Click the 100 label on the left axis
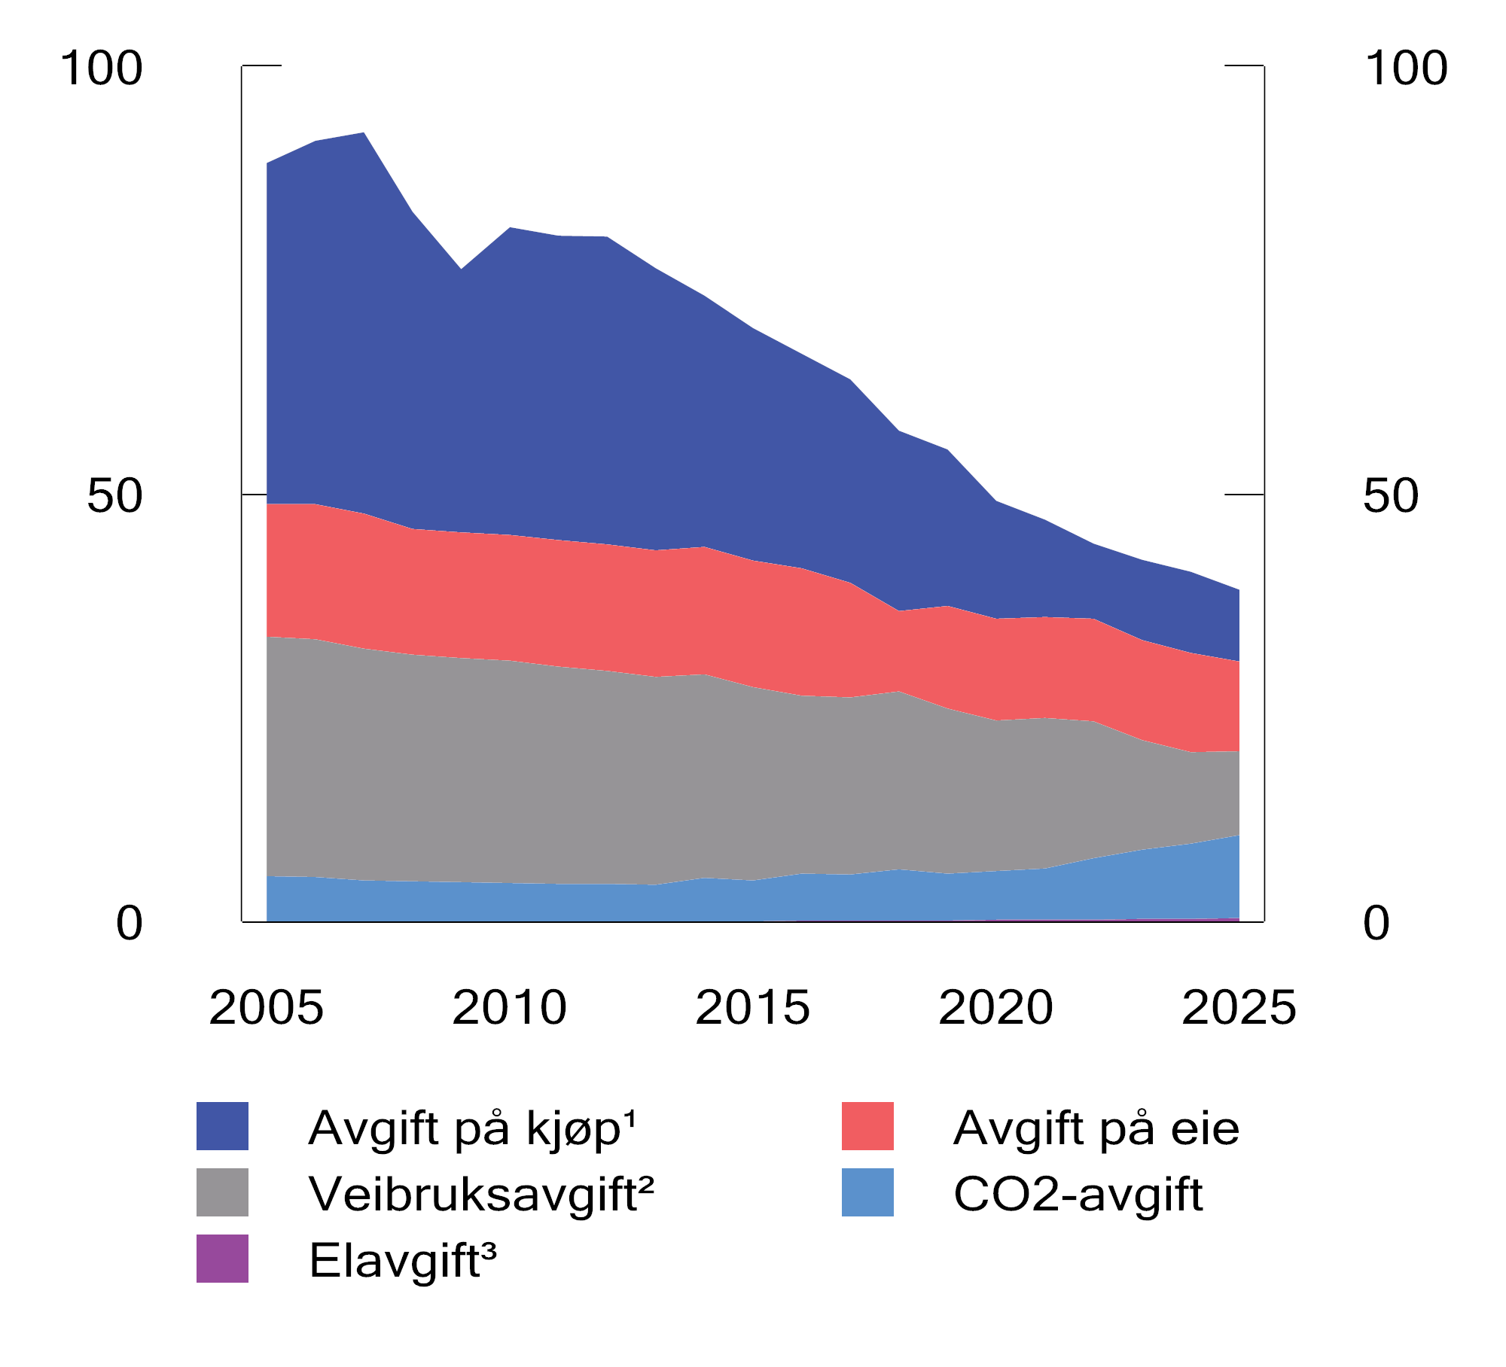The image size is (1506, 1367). coord(102,69)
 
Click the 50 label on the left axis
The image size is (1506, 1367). coord(114,496)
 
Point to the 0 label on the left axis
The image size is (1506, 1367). coord(129,924)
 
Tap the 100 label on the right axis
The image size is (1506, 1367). coord(1405,69)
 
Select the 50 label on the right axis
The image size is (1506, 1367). coord(1390,496)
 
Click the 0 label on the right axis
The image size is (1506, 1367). coord(1376,924)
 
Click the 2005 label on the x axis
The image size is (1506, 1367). coord(267,1008)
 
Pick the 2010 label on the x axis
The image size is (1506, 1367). coord(510,1008)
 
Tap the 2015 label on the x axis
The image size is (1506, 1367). coord(753,1008)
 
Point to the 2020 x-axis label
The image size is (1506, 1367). coord(996,1008)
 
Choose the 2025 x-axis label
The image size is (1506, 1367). coord(1239,1008)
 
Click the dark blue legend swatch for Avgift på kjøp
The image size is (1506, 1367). coord(222,1126)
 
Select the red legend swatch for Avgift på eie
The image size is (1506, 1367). coord(867,1126)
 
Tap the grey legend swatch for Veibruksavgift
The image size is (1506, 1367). coord(222,1192)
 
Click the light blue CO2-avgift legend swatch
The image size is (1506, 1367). coord(867,1192)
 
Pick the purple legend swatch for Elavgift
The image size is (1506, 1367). coord(222,1259)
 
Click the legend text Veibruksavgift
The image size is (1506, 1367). coord(481,1194)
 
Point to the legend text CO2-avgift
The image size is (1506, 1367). coord(1078,1194)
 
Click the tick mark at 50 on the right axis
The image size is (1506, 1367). coord(1245,495)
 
